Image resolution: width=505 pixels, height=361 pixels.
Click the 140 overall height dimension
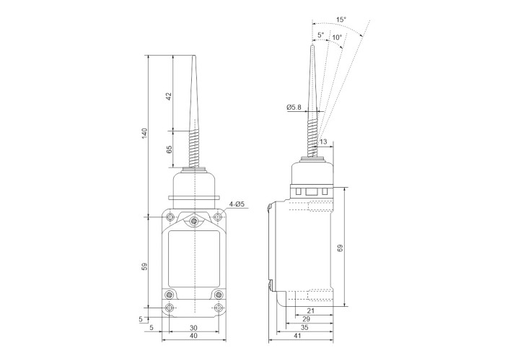(x=144, y=134)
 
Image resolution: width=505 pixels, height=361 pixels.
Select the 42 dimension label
(x=169, y=96)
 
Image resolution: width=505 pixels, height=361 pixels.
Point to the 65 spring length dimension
(x=169, y=149)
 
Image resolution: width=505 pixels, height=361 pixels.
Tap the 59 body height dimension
(x=144, y=266)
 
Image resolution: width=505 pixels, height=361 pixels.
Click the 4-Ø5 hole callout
(x=237, y=204)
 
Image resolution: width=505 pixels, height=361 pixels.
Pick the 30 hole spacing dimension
(x=193, y=328)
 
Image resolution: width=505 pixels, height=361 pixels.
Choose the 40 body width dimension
(x=193, y=336)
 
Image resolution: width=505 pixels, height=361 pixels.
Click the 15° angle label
(x=341, y=19)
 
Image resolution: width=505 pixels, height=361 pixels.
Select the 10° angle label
(x=337, y=37)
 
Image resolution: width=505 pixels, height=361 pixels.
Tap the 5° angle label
(x=321, y=35)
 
